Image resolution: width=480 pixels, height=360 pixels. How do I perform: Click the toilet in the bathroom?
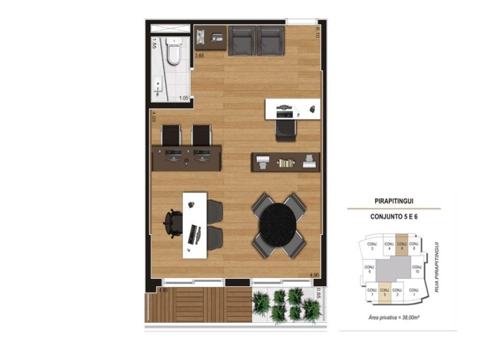(174, 53)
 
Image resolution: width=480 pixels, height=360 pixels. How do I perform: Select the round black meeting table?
(278, 224)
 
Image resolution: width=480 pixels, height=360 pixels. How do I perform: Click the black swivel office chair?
(173, 223)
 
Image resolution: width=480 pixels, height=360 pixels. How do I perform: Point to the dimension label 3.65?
(200, 56)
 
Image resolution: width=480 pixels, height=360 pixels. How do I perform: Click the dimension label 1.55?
(154, 43)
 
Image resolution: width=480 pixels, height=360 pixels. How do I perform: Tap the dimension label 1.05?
(184, 98)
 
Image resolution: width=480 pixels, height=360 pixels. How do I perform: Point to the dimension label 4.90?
(313, 275)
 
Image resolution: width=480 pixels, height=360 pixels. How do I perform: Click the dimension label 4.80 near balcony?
(163, 290)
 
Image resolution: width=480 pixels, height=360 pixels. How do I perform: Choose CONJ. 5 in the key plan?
(383, 292)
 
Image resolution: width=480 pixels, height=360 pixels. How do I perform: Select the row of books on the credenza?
(286, 162)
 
